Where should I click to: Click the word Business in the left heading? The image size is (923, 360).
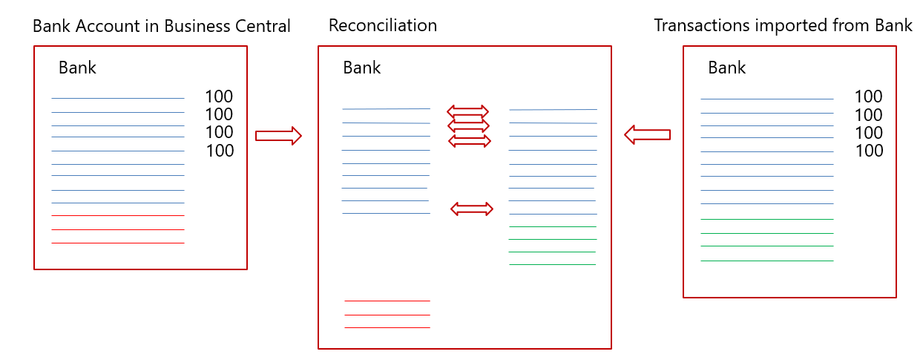coord(194,26)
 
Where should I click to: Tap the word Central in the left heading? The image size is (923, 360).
coord(259,26)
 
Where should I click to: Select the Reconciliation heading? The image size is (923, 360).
coord(383,26)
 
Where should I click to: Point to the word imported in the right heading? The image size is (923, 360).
coord(782,26)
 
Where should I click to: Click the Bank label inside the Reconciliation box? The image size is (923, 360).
coord(361,68)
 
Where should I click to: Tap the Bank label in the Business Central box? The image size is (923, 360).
coord(77,68)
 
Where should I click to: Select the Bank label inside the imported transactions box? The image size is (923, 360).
coord(726,68)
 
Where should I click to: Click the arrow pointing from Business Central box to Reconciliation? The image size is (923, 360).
coord(278,136)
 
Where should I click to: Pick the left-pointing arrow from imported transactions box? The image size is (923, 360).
coord(647,134)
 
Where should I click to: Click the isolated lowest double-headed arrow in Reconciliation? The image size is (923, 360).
coord(472,209)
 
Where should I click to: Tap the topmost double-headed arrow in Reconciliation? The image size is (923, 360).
coord(467,111)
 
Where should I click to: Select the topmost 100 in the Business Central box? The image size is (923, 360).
coord(219,96)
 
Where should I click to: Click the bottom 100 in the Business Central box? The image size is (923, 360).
coord(219,151)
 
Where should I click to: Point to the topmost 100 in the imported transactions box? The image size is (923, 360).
coord(868,96)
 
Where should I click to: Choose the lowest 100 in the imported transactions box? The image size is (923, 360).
coord(868,151)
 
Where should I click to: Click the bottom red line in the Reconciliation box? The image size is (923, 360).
coord(387,315)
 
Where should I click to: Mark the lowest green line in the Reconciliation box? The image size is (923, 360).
coord(552,264)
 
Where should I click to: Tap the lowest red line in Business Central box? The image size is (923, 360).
coord(118,215)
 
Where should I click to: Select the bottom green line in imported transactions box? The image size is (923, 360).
coord(766,233)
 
